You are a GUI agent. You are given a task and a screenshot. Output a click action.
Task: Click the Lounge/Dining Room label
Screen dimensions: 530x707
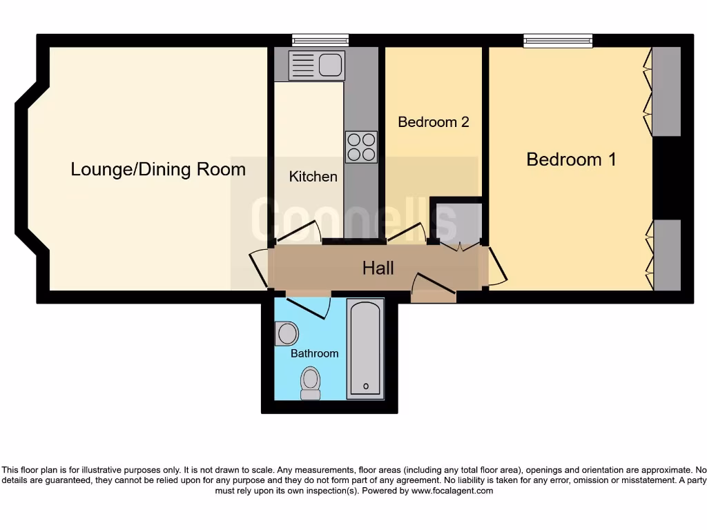click(x=158, y=169)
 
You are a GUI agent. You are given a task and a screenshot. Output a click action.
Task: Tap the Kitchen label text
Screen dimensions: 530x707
click(x=313, y=177)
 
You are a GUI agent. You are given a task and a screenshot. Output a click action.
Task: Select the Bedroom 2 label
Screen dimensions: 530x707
click(x=434, y=122)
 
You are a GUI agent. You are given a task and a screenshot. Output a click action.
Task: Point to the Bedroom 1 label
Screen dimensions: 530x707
click(x=571, y=159)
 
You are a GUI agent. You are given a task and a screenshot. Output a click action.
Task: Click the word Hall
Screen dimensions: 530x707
click(x=378, y=268)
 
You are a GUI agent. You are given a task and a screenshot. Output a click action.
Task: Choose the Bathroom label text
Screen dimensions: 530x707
click(x=314, y=353)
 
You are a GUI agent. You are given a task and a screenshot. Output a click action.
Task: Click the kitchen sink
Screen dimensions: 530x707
click(x=317, y=66)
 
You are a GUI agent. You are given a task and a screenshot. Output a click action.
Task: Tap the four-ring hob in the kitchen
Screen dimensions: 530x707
click(x=361, y=147)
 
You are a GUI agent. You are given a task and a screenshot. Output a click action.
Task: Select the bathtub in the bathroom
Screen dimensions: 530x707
click(x=365, y=349)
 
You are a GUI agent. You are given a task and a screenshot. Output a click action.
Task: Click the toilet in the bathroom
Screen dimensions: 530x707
click(x=311, y=383)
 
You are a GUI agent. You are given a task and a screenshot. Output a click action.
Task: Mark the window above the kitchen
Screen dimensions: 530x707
click(x=320, y=40)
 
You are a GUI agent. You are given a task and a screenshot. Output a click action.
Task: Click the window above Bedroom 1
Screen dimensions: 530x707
click(x=558, y=40)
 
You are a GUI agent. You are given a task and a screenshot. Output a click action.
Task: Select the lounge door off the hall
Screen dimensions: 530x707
click(x=258, y=268)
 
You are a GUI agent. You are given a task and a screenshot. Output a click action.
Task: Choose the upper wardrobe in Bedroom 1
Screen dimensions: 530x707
click(x=666, y=91)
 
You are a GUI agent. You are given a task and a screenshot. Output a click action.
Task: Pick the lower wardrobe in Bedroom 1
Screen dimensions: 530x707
click(x=666, y=255)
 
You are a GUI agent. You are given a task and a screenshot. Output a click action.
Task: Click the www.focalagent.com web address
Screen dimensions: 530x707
click(x=452, y=491)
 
